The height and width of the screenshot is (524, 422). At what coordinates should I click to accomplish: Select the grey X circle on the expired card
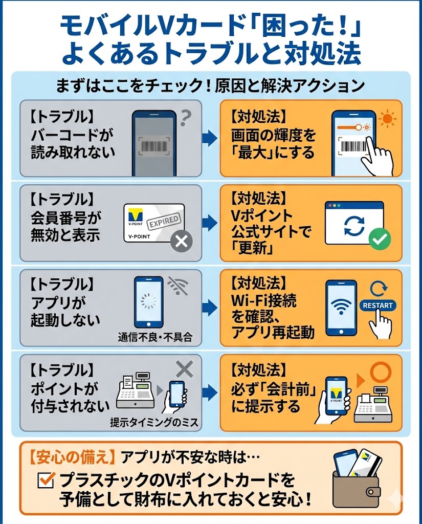[x=181, y=242]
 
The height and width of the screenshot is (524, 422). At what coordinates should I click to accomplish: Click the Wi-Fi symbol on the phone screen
[x=341, y=305]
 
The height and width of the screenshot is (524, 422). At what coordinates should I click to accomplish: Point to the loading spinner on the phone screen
[x=148, y=302]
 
